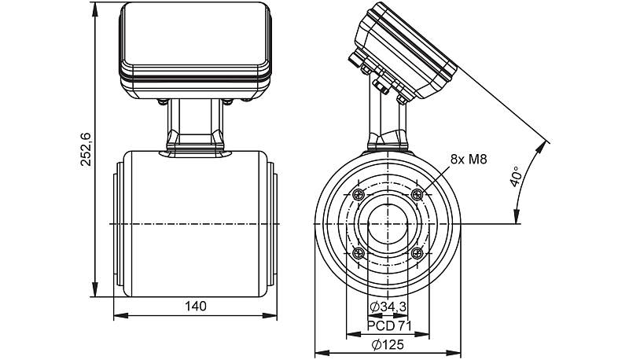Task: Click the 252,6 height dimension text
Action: pyautogui.click(x=87, y=149)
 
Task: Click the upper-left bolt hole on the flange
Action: pyautogui.click(x=359, y=195)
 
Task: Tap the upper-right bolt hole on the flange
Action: pyautogui.click(x=417, y=194)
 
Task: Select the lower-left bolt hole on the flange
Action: pyautogui.click(x=359, y=253)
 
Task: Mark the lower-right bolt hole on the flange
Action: pyautogui.click(x=417, y=253)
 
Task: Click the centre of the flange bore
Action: pyautogui.click(x=388, y=224)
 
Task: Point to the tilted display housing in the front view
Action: pyautogui.click(x=405, y=51)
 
